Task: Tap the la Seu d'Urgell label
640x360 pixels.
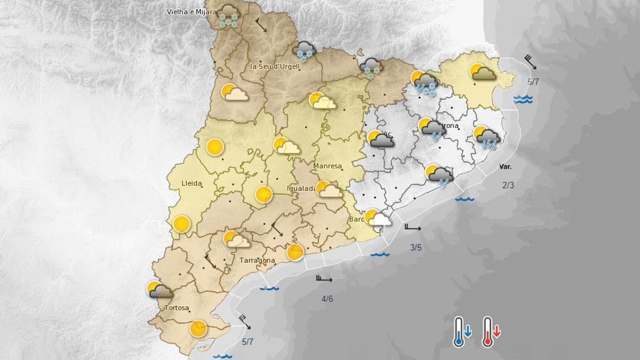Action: [x=274, y=67]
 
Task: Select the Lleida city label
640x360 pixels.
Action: [x=191, y=183]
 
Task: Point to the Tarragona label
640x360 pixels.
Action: [x=257, y=260]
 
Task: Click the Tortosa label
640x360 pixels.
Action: [x=176, y=308]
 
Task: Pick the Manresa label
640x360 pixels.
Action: [x=327, y=166]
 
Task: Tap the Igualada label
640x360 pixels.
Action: [x=301, y=188]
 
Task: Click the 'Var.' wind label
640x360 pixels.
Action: [x=505, y=166]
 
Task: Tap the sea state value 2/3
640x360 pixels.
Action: [x=508, y=185]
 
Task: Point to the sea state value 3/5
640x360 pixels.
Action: [x=415, y=247]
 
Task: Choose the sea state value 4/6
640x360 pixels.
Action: [x=327, y=298]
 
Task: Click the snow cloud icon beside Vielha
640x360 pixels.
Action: [x=228, y=16]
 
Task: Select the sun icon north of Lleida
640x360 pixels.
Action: [x=214, y=147]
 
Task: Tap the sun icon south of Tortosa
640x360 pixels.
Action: [x=198, y=329]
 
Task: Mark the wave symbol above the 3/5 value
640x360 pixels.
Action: [x=380, y=254]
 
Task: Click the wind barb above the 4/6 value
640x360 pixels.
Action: [x=324, y=278]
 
